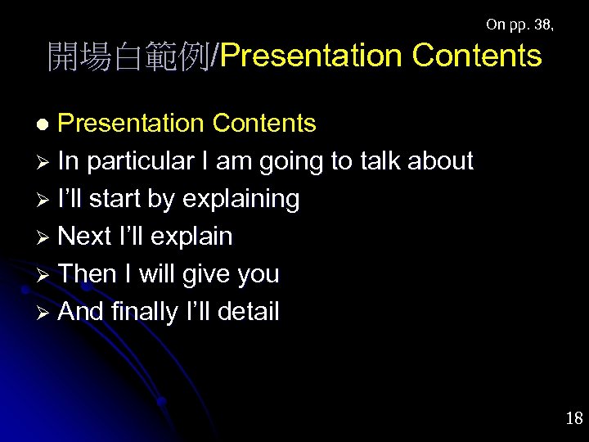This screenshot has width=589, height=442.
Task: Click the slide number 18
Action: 573,419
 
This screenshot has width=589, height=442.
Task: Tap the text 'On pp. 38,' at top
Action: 519,25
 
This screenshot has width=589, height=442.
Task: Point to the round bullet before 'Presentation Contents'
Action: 47,124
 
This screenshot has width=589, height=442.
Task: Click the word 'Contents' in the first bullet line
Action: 263,123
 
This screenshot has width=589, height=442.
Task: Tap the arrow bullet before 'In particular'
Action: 46,161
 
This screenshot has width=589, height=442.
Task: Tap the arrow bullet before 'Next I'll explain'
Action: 46,237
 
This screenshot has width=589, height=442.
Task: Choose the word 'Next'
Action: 85,237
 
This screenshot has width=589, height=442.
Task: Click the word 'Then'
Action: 88,274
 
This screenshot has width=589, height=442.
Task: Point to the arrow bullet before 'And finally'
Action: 46,312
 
